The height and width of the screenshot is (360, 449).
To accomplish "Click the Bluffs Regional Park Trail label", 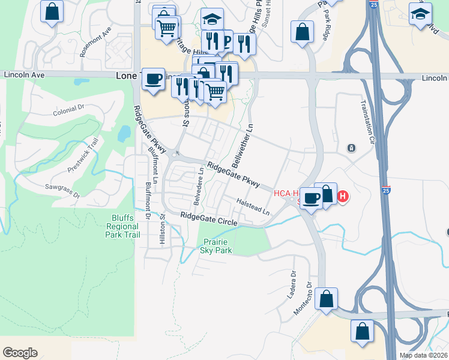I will tap(122, 226).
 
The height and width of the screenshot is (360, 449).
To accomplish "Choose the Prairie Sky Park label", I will tap(215, 245).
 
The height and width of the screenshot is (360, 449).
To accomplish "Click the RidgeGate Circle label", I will tap(208, 218).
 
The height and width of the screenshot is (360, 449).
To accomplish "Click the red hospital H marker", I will tap(343, 196).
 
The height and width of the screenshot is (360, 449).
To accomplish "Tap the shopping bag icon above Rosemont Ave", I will tap(53, 10).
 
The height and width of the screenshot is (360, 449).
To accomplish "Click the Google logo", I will tap(20, 353).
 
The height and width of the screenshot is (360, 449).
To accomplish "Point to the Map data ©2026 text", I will tap(423, 355).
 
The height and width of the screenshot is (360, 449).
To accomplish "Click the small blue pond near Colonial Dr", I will tap(124, 133).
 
